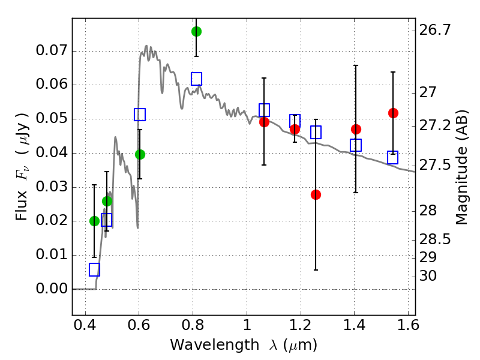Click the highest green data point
pyautogui.click(x=196, y=31)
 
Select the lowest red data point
pyautogui.click(x=316, y=194)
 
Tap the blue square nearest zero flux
pyautogui.click(x=94, y=269)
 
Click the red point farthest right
pyautogui.click(x=393, y=113)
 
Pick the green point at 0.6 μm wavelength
pyautogui.click(x=140, y=154)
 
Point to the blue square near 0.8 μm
pyautogui.click(x=196, y=79)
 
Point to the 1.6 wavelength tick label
pyautogui.click(x=408, y=328)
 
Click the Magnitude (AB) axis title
pyautogui.click(x=461, y=167)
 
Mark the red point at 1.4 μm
pyautogui.click(x=356, y=129)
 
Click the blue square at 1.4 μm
pyautogui.click(x=356, y=145)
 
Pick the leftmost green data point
pyautogui.click(x=94, y=221)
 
